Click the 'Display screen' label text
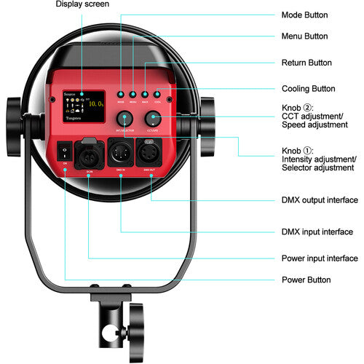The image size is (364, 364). (x=82, y=4)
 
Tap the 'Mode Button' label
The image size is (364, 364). (x=304, y=15)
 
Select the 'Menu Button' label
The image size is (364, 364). (x=304, y=36)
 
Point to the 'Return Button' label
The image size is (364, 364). (x=306, y=63)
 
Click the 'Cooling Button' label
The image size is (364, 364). (x=308, y=89)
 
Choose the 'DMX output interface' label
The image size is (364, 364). (x=320, y=199)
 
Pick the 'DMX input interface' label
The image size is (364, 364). (x=316, y=232)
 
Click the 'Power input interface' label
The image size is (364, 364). (x=320, y=258)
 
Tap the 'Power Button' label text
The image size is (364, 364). (x=306, y=280)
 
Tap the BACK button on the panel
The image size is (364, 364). (x=145, y=94)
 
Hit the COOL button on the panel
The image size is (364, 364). (x=157, y=94)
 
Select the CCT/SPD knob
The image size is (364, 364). (x=152, y=119)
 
